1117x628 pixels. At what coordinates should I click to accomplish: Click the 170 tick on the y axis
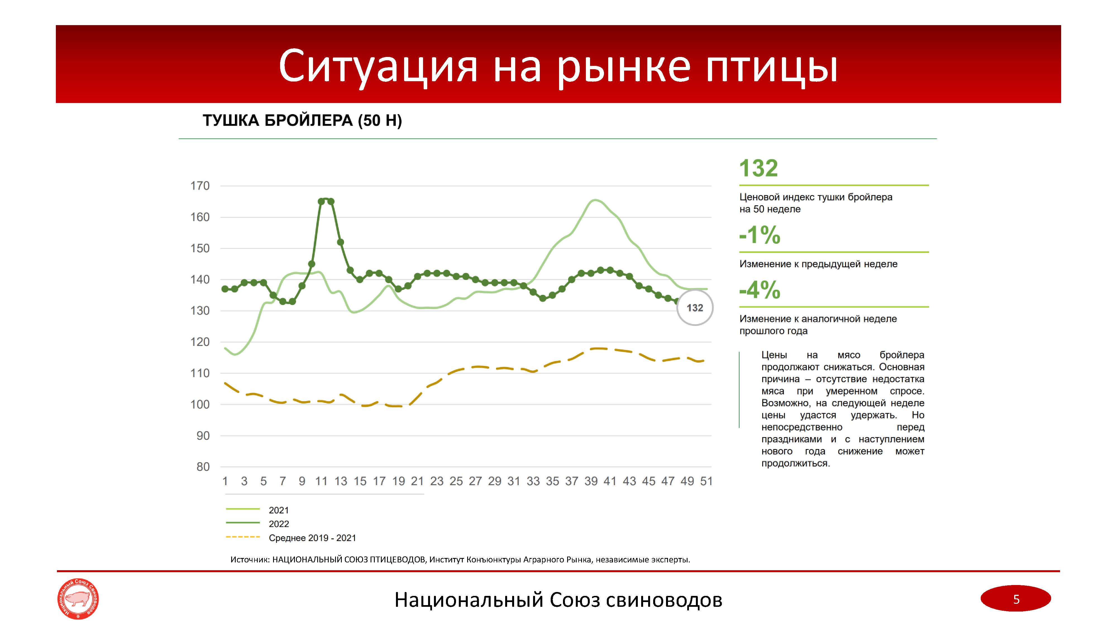(x=200, y=186)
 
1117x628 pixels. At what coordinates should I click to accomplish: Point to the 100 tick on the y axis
(x=200, y=404)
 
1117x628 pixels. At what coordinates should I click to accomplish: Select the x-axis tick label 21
(x=417, y=481)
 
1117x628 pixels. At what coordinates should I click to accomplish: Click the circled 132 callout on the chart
(x=695, y=308)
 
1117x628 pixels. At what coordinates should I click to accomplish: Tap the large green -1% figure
(x=760, y=235)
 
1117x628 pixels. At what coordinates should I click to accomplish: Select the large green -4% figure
(x=760, y=290)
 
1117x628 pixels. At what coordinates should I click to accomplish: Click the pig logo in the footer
(x=78, y=599)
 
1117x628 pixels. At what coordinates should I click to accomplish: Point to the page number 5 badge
(x=1016, y=599)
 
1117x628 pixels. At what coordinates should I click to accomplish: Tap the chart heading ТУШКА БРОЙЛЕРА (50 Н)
(x=302, y=121)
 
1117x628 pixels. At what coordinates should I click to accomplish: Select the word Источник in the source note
(x=250, y=560)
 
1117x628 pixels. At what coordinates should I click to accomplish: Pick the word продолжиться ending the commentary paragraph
(x=795, y=463)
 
